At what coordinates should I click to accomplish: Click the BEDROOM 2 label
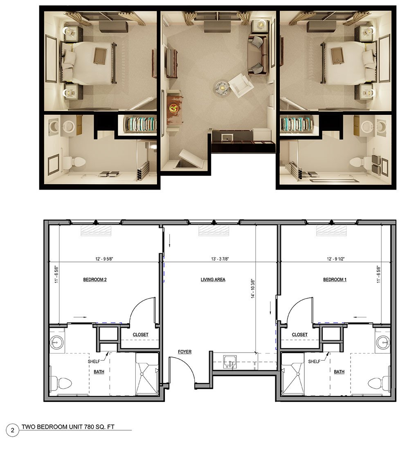click(x=95, y=279)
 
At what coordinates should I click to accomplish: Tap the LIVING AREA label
click(x=213, y=279)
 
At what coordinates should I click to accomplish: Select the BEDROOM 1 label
click(x=335, y=279)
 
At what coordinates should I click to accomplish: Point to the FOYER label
click(x=184, y=352)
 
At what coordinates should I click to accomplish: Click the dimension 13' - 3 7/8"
click(x=220, y=259)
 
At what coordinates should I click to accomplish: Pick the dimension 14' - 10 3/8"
click(x=253, y=289)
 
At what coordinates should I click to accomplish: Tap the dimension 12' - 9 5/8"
click(x=104, y=259)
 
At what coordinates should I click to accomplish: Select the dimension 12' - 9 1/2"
click(x=335, y=259)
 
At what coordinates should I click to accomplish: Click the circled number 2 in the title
click(x=12, y=430)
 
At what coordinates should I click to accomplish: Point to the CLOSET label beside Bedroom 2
click(x=140, y=335)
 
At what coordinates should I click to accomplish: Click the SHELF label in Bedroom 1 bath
click(x=314, y=362)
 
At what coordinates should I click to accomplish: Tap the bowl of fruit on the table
click(x=173, y=108)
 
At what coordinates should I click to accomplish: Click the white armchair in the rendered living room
click(x=240, y=85)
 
